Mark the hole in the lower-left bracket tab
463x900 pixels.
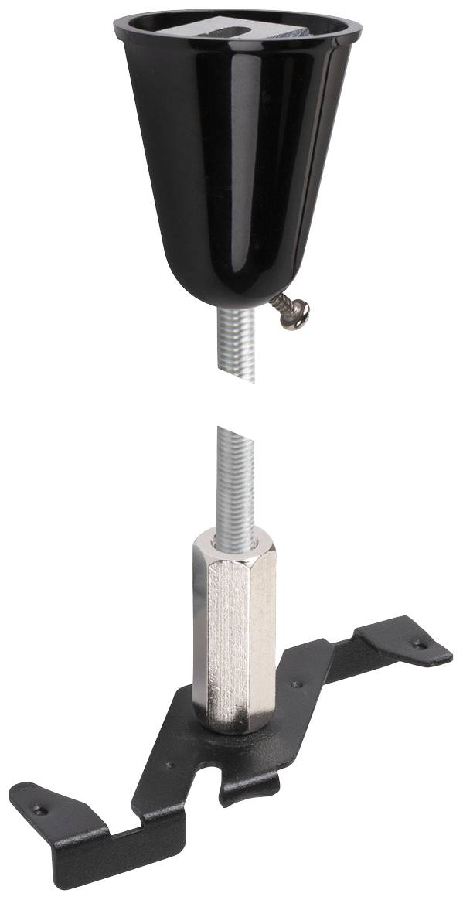click(38, 808)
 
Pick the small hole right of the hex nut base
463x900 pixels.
click(294, 684)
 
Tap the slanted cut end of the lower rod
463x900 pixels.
click(231, 430)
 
